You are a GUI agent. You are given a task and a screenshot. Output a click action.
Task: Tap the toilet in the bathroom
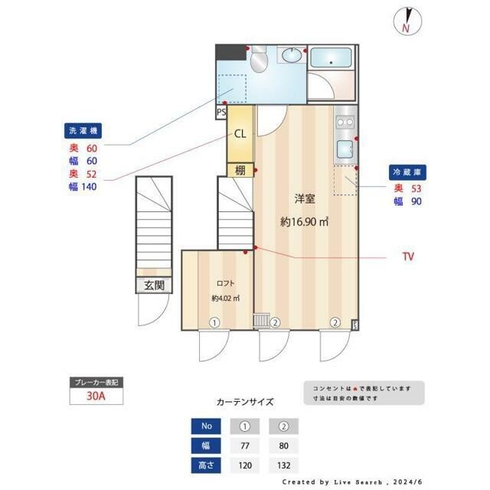tap(258, 57)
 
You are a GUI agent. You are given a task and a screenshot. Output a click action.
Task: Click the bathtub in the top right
tap(330, 59)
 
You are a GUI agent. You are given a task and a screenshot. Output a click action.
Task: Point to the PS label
tap(221, 112)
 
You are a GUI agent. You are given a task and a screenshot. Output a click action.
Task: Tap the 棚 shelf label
tap(240, 169)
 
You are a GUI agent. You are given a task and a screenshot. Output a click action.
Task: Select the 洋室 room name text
tap(305, 199)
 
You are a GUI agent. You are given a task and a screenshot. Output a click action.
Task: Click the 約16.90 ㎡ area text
tap(304, 223)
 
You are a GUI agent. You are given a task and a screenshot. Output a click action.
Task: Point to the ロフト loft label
tap(226, 281)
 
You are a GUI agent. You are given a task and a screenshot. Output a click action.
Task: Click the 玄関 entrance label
tap(154, 286)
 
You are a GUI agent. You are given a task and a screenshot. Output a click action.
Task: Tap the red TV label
tap(407, 257)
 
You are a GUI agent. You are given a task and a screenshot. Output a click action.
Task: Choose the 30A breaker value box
tap(95, 397)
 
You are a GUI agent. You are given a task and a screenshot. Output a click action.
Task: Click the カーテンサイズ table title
tap(244, 401)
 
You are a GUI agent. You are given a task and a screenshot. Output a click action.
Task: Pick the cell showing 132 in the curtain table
tap(283, 465)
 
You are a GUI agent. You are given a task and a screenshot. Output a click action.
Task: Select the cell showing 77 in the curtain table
tap(245, 445)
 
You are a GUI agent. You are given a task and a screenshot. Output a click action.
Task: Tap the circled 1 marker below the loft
tap(216, 322)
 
